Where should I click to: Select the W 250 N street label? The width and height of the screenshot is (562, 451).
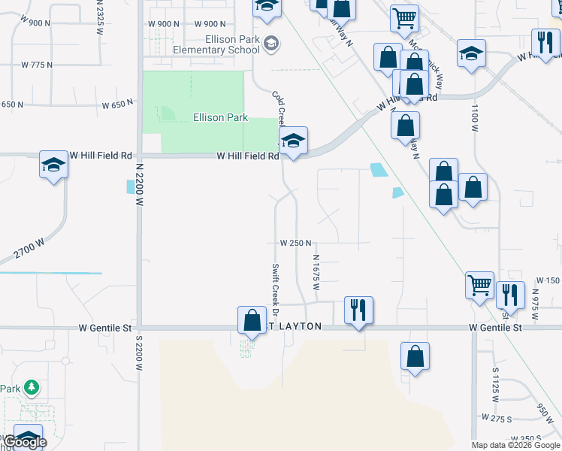tap(295, 244)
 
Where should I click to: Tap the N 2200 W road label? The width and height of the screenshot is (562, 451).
tap(139, 183)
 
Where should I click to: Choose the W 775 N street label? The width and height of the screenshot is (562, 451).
tap(37, 65)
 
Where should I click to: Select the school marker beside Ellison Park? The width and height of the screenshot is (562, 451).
tap(293, 140)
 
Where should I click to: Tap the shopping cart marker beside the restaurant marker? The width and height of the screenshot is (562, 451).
tap(479, 284)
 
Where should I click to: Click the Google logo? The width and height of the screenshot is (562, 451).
tap(25, 442)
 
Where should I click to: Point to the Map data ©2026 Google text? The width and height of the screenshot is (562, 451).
tap(515, 445)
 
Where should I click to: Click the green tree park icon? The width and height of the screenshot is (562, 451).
tap(32, 388)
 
